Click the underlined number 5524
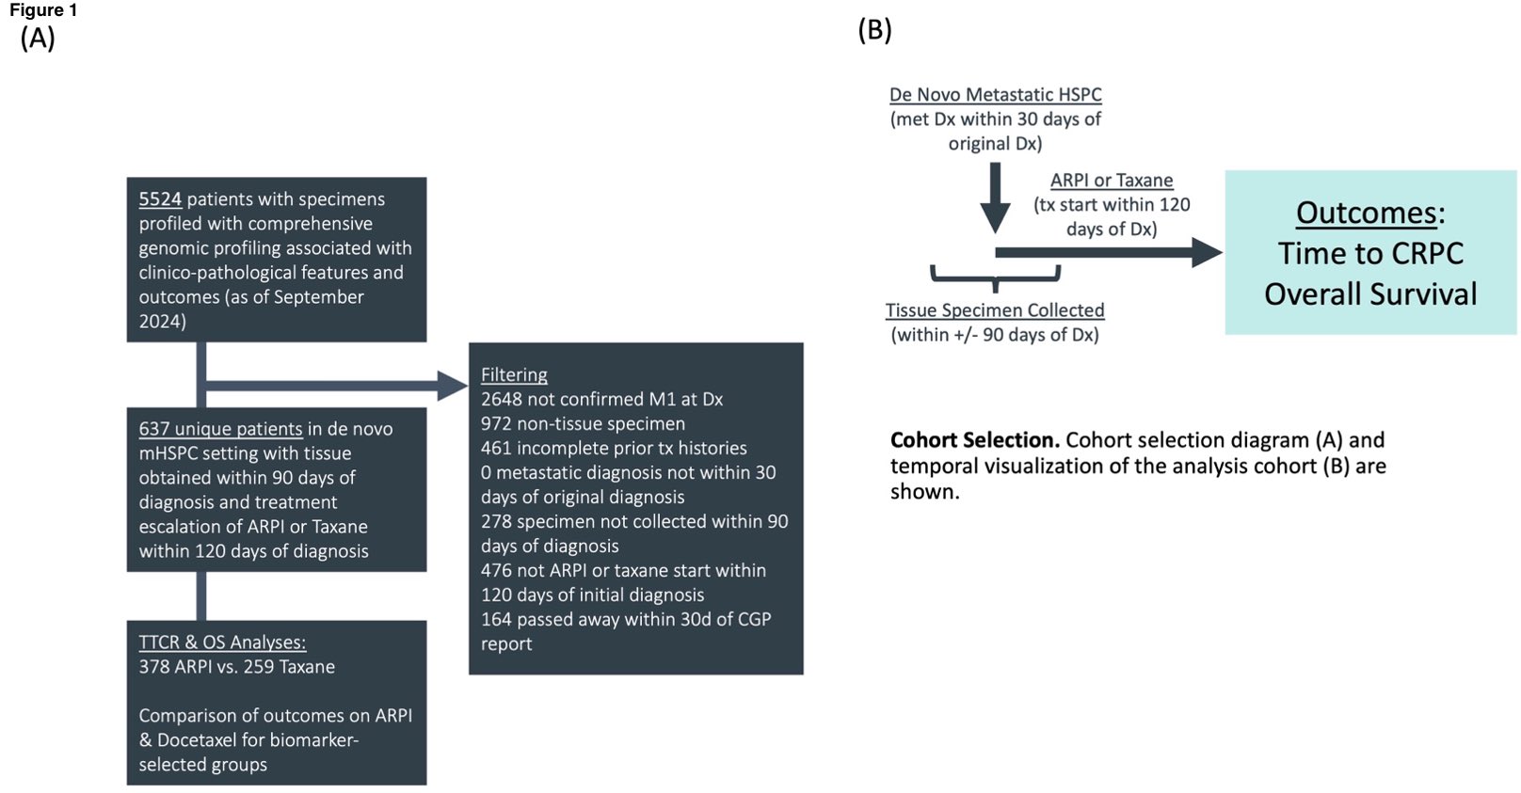tap(160, 199)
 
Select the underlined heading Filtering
tap(514, 374)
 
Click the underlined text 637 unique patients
tap(220, 429)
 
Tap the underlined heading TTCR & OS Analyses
tap(222, 642)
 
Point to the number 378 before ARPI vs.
tap(155, 667)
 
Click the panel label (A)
tap(38, 38)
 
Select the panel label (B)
tap(874, 30)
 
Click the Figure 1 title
tap(43, 10)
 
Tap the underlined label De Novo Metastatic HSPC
tap(995, 95)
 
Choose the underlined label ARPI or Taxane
tap(1112, 181)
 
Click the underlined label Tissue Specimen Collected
tap(995, 310)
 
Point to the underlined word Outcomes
tap(1366, 213)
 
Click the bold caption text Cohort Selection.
tap(974, 440)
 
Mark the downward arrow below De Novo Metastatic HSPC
tap(995, 198)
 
